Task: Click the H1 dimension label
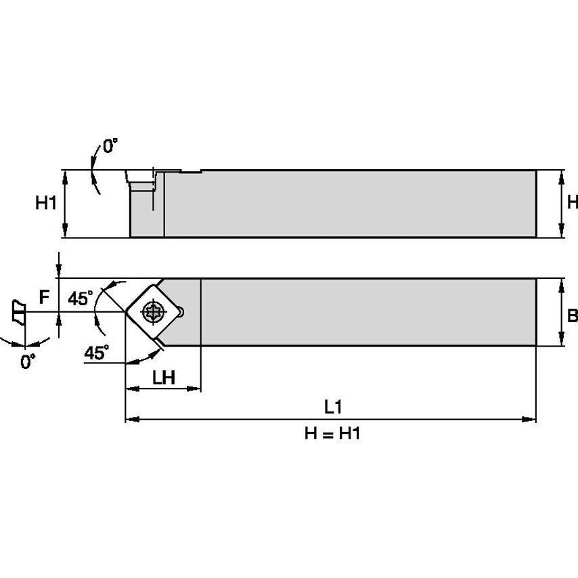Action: click(45, 203)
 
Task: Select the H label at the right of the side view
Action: click(572, 202)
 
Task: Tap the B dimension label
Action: click(572, 315)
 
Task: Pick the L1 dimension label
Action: click(332, 407)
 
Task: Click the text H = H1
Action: click(331, 435)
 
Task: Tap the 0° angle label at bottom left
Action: click(28, 362)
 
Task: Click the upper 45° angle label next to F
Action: click(81, 298)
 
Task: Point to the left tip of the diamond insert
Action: click(126, 312)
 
